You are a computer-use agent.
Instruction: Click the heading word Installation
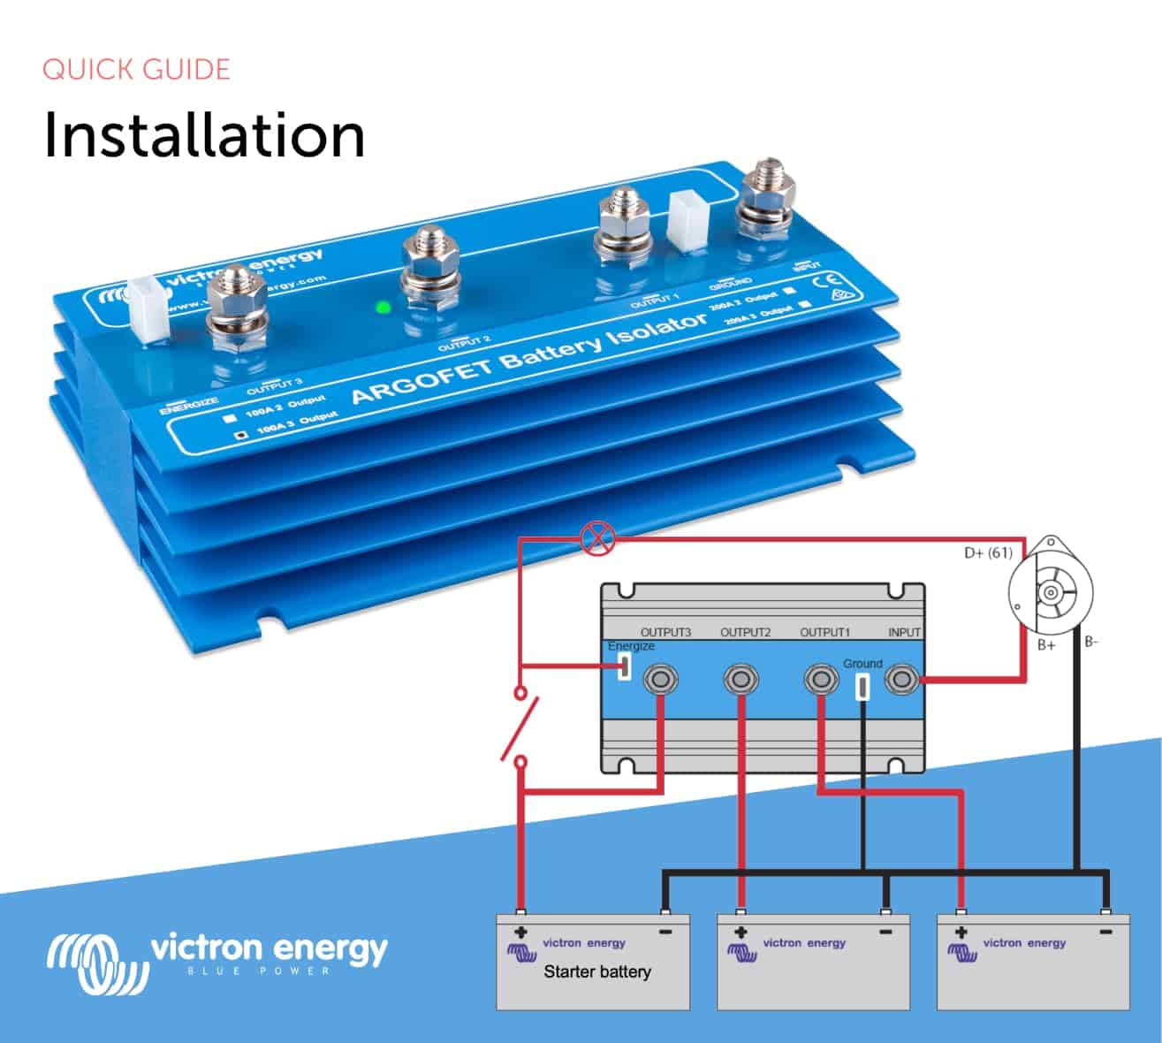[204, 135]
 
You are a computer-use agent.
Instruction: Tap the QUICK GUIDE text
[136, 70]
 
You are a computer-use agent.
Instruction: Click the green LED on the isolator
[383, 308]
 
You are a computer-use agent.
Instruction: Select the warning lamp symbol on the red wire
[599, 537]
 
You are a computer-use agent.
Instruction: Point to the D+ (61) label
[987, 553]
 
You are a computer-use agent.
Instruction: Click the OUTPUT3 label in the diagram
[665, 632]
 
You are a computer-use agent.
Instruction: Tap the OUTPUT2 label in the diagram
[745, 632]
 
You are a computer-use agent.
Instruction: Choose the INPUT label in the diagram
[904, 632]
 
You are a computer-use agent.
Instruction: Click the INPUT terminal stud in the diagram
[901, 680]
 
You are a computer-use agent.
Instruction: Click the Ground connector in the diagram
[862, 686]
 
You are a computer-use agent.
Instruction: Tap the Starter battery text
[596, 971]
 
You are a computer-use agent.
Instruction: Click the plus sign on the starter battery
[520, 932]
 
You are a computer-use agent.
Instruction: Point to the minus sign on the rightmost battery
[1105, 932]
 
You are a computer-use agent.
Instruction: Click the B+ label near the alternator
[1046, 645]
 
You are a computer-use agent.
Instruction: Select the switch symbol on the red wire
[520, 727]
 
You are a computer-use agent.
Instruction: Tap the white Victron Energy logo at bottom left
[217, 959]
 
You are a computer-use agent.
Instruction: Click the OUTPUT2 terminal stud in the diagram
[740, 680]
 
